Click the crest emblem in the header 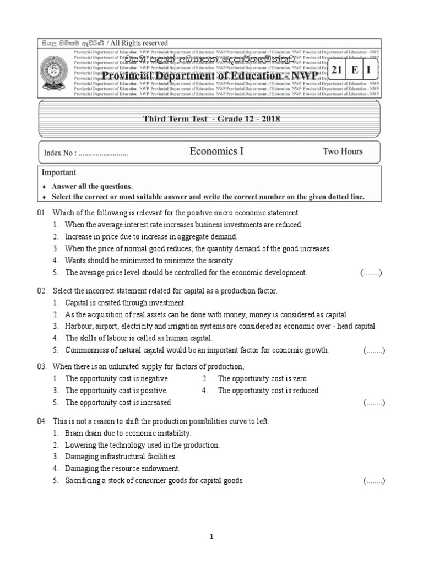55,72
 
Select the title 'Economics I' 216,151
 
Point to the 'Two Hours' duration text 343,151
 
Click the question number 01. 42,213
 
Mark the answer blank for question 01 371,273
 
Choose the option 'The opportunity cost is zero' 262,379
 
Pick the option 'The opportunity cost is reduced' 268,391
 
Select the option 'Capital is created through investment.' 126,303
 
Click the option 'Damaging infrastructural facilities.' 121,457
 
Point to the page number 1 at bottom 211,538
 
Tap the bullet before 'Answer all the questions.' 44,187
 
